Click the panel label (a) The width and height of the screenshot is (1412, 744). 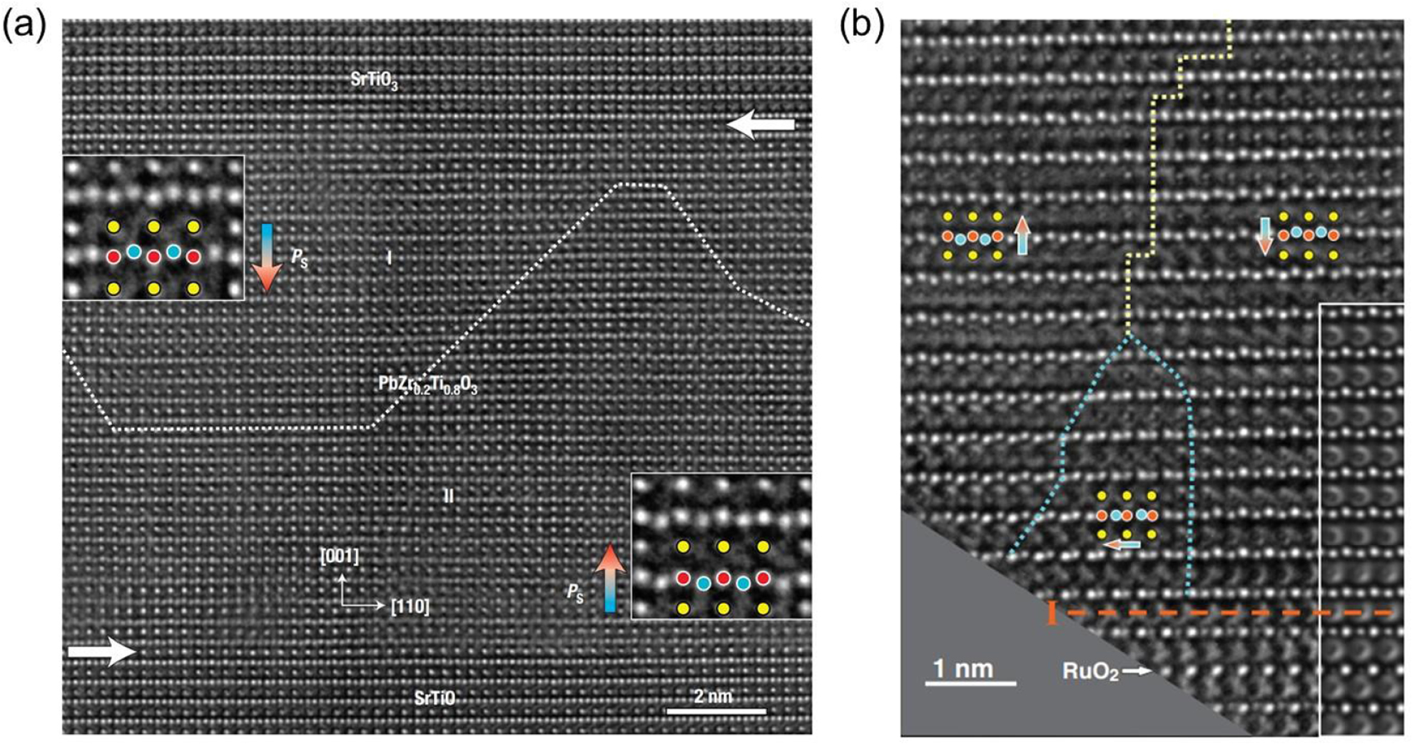click(x=26, y=26)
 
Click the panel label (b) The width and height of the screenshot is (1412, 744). click(x=861, y=26)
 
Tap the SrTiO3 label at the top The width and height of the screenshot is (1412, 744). click(x=374, y=81)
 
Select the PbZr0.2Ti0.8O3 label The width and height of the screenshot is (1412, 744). click(x=427, y=384)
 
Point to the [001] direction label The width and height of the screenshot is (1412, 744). click(x=340, y=556)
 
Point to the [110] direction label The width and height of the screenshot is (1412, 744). click(x=410, y=607)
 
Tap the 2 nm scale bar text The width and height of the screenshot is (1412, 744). click(x=713, y=696)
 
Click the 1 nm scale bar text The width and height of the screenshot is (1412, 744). click(x=963, y=669)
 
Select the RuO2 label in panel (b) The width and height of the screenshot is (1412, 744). click(x=1090, y=671)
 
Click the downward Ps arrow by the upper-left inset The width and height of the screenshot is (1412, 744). click(x=266, y=258)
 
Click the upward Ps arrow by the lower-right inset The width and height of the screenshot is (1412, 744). click(x=610, y=578)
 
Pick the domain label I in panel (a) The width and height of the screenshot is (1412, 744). click(x=389, y=258)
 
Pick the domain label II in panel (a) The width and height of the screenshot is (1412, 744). click(x=449, y=496)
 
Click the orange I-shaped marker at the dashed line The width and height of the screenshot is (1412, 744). click(x=1052, y=613)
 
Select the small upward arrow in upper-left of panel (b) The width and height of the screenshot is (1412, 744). click(x=1023, y=236)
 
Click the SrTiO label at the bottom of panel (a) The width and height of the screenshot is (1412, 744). click(x=435, y=698)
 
